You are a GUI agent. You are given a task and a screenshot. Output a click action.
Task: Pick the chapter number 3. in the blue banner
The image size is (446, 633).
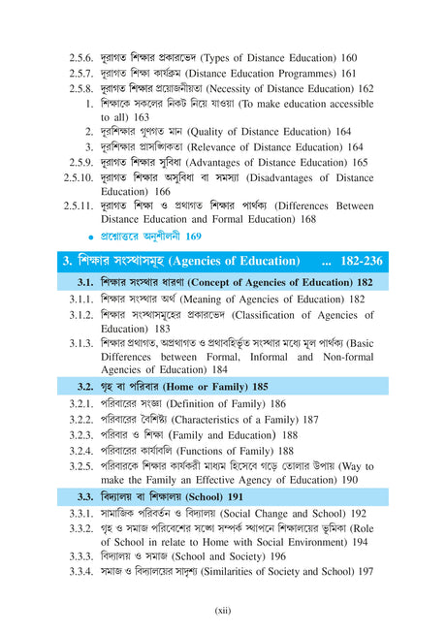pos(68,261)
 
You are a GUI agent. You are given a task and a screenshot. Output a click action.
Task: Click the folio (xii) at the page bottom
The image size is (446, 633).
pos(222,611)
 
